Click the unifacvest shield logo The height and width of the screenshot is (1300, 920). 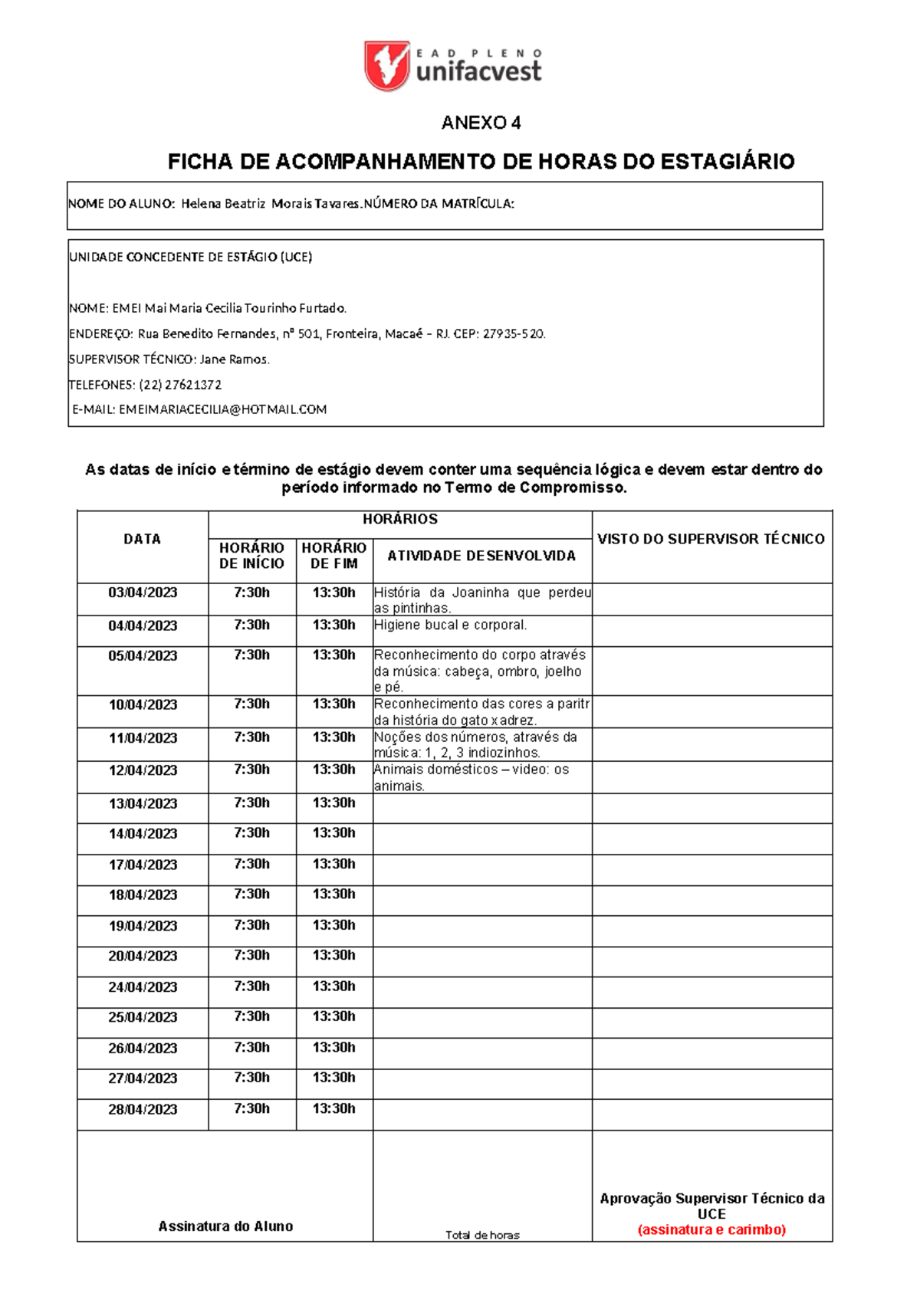[x=387, y=66]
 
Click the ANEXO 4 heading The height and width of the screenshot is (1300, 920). [x=481, y=123]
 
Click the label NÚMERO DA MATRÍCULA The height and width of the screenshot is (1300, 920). [x=439, y=204]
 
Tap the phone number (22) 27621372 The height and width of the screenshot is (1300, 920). [x=180, y=385]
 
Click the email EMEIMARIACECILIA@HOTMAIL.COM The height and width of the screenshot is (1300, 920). [x=222, y=410]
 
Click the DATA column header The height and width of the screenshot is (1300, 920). [x=143, y=540]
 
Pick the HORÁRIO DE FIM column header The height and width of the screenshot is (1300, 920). [x=334, y=556]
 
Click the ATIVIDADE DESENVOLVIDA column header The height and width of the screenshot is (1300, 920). [x=481, y=556]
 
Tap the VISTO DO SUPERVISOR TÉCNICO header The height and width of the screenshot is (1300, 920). [x=711, y=540]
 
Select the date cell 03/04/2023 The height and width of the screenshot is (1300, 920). [x=143, y=593]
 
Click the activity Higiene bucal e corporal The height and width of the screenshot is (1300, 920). [x=450, y=625]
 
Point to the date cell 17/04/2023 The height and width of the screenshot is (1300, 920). [x=143, y=865]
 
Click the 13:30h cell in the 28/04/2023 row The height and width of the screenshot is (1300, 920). [x=333, y=1108]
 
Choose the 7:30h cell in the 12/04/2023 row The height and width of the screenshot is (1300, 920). [x=251, y=770]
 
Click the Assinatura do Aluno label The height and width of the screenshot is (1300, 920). [x=225, y=1226]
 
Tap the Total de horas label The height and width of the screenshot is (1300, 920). [x=482, y=1235]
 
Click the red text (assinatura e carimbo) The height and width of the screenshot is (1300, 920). [x=711, y=1229]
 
